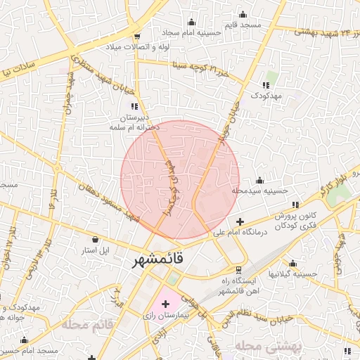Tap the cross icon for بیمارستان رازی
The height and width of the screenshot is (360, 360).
[x=166, y=304]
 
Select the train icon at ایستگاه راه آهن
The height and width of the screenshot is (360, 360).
[x=239, y=269]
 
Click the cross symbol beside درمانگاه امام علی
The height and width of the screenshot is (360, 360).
[x=240, y=221]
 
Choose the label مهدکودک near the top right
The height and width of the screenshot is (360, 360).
[x=265, y=94]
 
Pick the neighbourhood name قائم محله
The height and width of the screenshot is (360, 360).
[x=87, y=325]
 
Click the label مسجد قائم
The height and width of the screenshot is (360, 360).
[x=243, y=25]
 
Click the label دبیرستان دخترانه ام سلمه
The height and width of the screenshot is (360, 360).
[x=134, y=122]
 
